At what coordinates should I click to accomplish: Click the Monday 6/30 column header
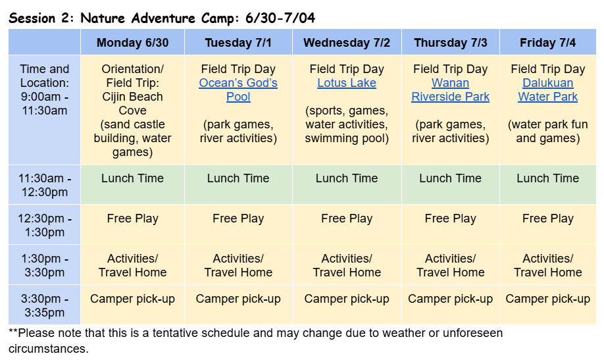[132, 42]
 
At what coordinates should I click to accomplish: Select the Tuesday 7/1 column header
[238, 42]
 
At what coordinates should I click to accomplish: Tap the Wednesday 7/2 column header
[347, 42]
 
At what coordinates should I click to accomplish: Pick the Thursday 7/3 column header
[450, 42]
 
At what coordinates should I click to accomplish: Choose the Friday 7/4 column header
[548, 42]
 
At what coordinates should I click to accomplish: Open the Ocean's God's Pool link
[238, 90]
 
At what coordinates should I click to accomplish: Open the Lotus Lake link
[347, 83]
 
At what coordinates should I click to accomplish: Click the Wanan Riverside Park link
[450, 90]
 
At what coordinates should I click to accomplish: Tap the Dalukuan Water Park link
[548, 90]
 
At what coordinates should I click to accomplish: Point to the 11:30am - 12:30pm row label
[45, 185]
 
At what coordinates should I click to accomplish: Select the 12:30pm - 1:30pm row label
[45, 225]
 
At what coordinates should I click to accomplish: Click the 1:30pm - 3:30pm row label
[45, 265]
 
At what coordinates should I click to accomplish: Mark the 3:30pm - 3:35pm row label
[45, 305]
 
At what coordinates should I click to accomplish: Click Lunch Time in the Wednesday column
[347, 178]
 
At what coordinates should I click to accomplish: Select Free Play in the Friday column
[548, 219]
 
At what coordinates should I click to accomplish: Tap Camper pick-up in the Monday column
[132, 299]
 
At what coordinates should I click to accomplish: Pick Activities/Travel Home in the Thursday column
[450, 265]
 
